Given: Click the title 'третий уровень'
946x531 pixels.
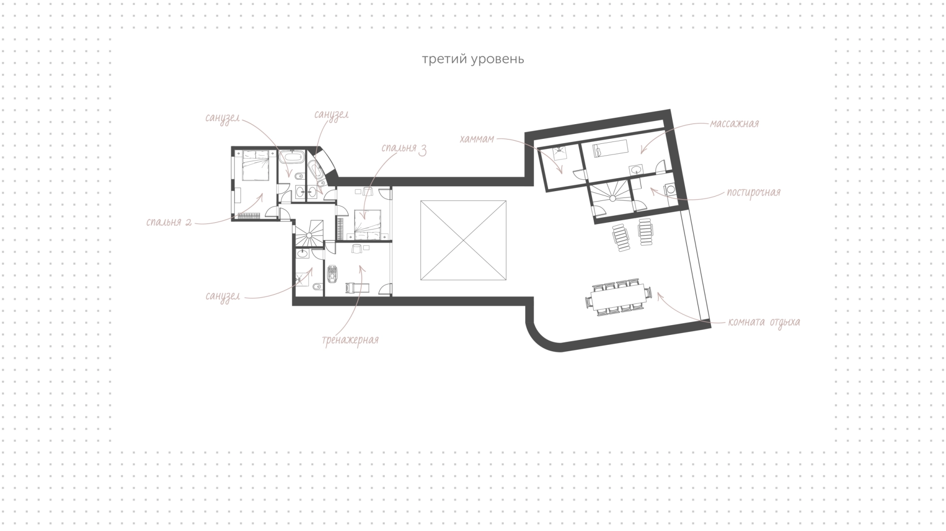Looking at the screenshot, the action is click(473, 60).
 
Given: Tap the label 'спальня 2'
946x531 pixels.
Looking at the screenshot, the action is click(169, 222).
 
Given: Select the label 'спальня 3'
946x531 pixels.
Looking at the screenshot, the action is click(404, 149).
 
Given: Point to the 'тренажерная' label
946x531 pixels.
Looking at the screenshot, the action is click(350, 340).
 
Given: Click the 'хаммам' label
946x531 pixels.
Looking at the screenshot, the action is click(476, 139).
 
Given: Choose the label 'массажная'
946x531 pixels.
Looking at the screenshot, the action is click(734, 124).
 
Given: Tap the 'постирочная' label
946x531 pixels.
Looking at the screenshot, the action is click(753, 192).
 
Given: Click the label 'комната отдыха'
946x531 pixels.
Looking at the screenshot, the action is click(764, 323).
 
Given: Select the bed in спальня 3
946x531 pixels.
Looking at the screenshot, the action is click(368, 225).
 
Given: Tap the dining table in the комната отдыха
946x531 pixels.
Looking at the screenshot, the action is click(619, 297).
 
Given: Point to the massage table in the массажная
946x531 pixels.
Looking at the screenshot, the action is click(610, 147).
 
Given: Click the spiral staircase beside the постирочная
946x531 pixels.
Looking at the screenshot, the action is click(611, 199).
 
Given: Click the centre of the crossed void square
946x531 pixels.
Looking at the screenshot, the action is click(463, 240).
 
